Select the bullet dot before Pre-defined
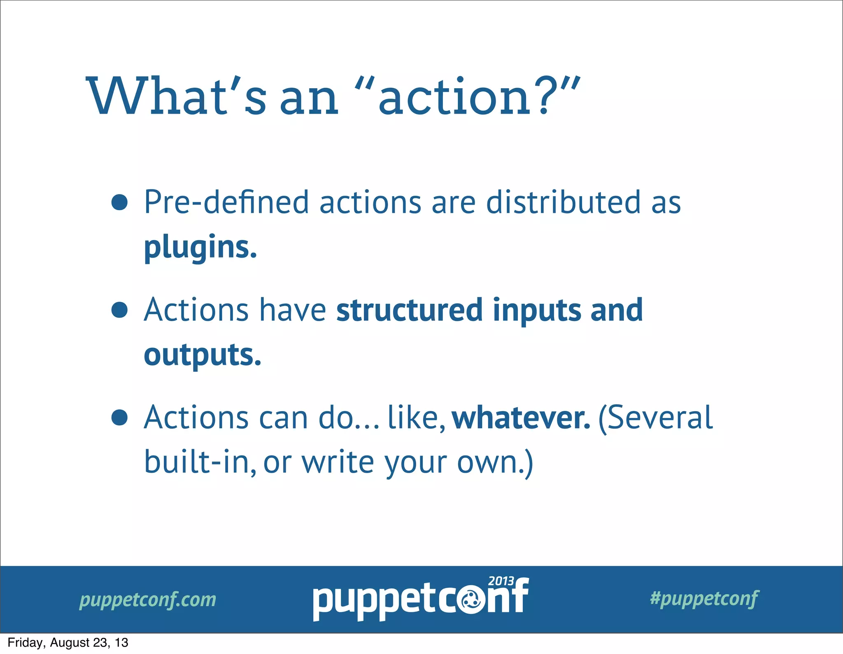(119, 202)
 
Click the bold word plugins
(200, 247)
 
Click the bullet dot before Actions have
(119, 310)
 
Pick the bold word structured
(409, 310)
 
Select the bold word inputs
(537, 310)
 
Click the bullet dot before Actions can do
(119, 417)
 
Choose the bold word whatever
(521, 417)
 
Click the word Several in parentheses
(659, 417)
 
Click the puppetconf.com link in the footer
(148, 599)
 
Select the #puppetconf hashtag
(704, 598)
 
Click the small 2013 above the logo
(501, 581)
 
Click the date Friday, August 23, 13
(68, 642)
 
